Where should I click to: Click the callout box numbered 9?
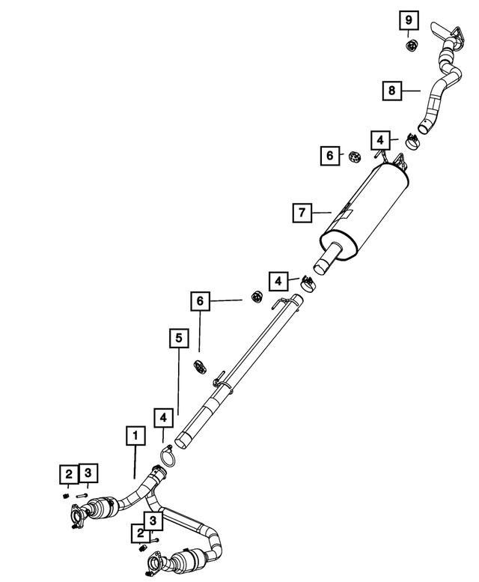[409, 20]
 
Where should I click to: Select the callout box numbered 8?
[392, 90]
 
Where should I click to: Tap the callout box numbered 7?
[302, 213]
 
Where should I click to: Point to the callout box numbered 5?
[179, 338]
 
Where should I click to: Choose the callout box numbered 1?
[135, 435]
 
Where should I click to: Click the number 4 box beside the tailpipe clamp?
[380, 140]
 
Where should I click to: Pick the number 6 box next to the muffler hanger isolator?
[330, 156]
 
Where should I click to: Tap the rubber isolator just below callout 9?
[411, 45]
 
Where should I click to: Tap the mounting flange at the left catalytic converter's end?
[78, 515]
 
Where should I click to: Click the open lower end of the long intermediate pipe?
[182, 440]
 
